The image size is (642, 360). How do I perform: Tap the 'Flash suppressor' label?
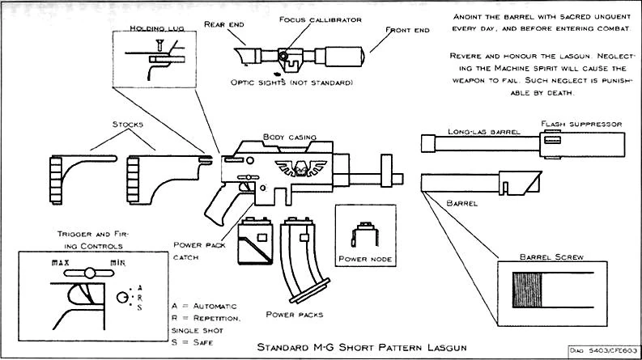(580, 124)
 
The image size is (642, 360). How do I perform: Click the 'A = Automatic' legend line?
(204, 307)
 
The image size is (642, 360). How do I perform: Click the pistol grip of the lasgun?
(223, 207)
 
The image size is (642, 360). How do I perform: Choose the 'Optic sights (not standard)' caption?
(292, 83)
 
